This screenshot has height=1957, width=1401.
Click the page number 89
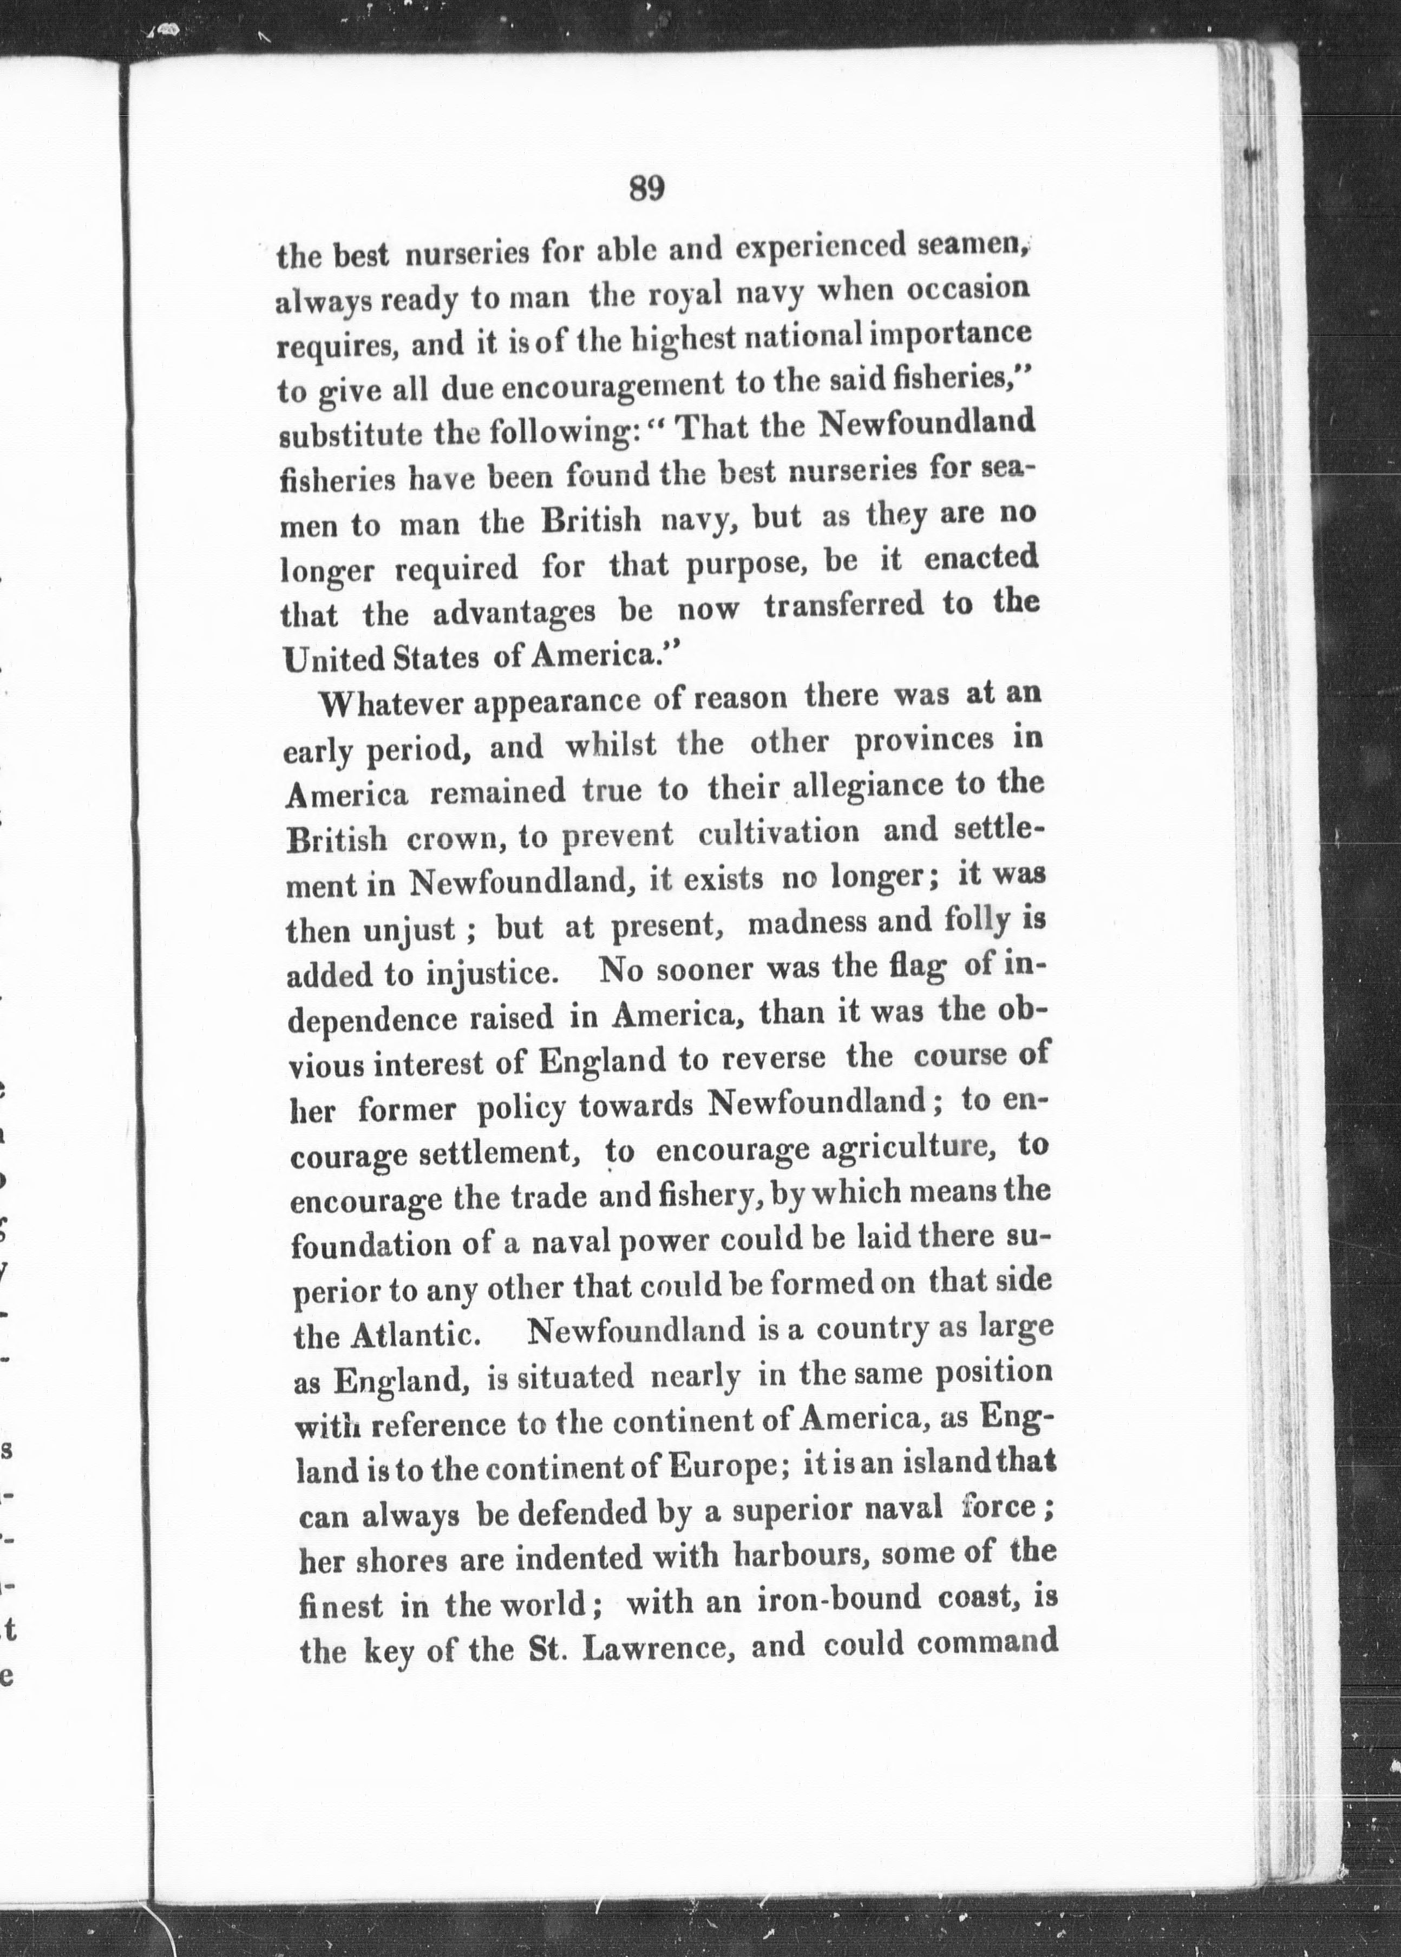click(x=646, y=188)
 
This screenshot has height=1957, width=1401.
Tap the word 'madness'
click(x=807, y=924)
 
